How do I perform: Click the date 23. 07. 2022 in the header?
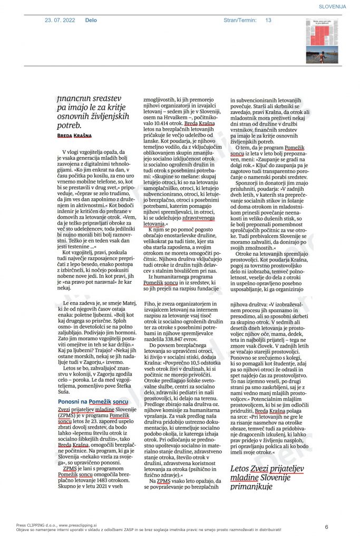[60, 21]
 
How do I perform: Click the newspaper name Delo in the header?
[91, 21]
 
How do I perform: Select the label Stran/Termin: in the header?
[240, 21]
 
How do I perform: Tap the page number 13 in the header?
[268, 21]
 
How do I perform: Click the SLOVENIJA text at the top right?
[332, 6]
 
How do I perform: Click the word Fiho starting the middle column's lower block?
[150, 304]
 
